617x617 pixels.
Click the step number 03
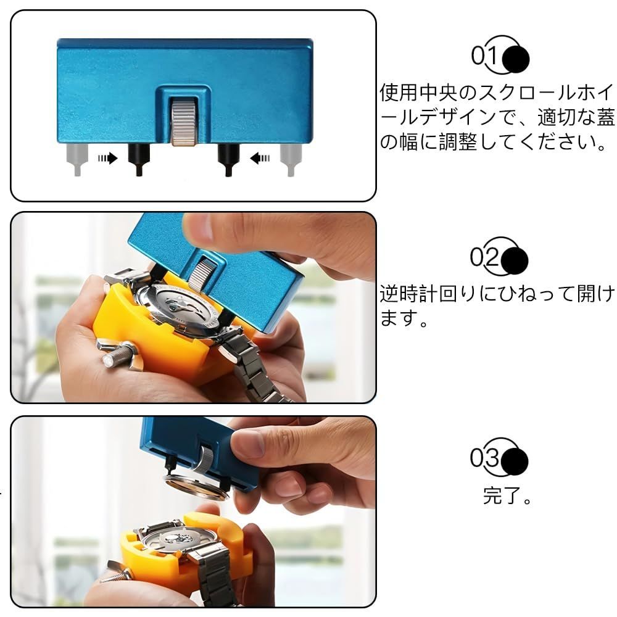(x=484, y=457)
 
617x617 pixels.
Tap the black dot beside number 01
(x=516, y=59)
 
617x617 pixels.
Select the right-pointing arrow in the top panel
(x=107, y=158)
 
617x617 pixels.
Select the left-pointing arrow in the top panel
(x=260, y=158)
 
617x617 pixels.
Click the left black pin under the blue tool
(x=139, y=159)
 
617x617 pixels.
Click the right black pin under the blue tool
(x=228, y=159)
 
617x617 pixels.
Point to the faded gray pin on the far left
(x=77, y=159)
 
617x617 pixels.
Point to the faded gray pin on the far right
(x=291, y=159)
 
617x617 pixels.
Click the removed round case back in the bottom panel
(x=196, y=487)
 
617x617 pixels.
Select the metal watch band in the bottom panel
(x=215, y=574)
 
